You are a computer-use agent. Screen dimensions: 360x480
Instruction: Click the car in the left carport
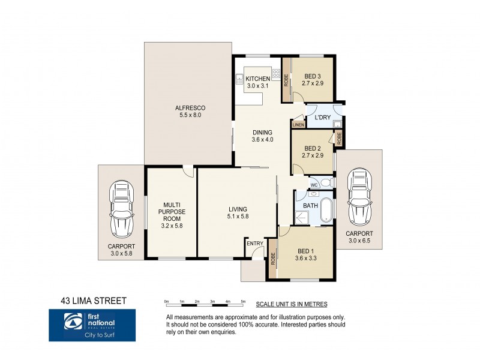coord(121,208)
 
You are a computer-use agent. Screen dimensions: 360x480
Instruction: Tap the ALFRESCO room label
coord(187,108)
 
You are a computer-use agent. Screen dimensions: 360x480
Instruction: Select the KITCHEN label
coord(258,79)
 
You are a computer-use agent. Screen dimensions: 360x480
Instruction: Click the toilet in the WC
coord(325,182)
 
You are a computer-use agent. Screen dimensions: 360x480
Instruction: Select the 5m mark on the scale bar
coord(243,301)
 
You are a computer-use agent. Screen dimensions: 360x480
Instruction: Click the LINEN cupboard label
coord(298,125)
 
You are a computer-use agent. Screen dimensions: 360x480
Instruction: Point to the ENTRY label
coord(255,243)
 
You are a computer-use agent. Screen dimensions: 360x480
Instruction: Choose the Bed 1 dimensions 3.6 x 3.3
coord(305,259)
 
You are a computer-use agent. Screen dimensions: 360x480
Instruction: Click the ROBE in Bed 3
coord(286,79)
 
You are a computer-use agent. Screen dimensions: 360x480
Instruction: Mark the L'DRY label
coord(323,118)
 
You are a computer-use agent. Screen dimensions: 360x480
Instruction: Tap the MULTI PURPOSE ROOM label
coord(172,212)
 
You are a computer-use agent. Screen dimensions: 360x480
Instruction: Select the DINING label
coord(262,133)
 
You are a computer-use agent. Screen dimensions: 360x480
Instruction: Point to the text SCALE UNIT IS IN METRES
coord(291,305)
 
